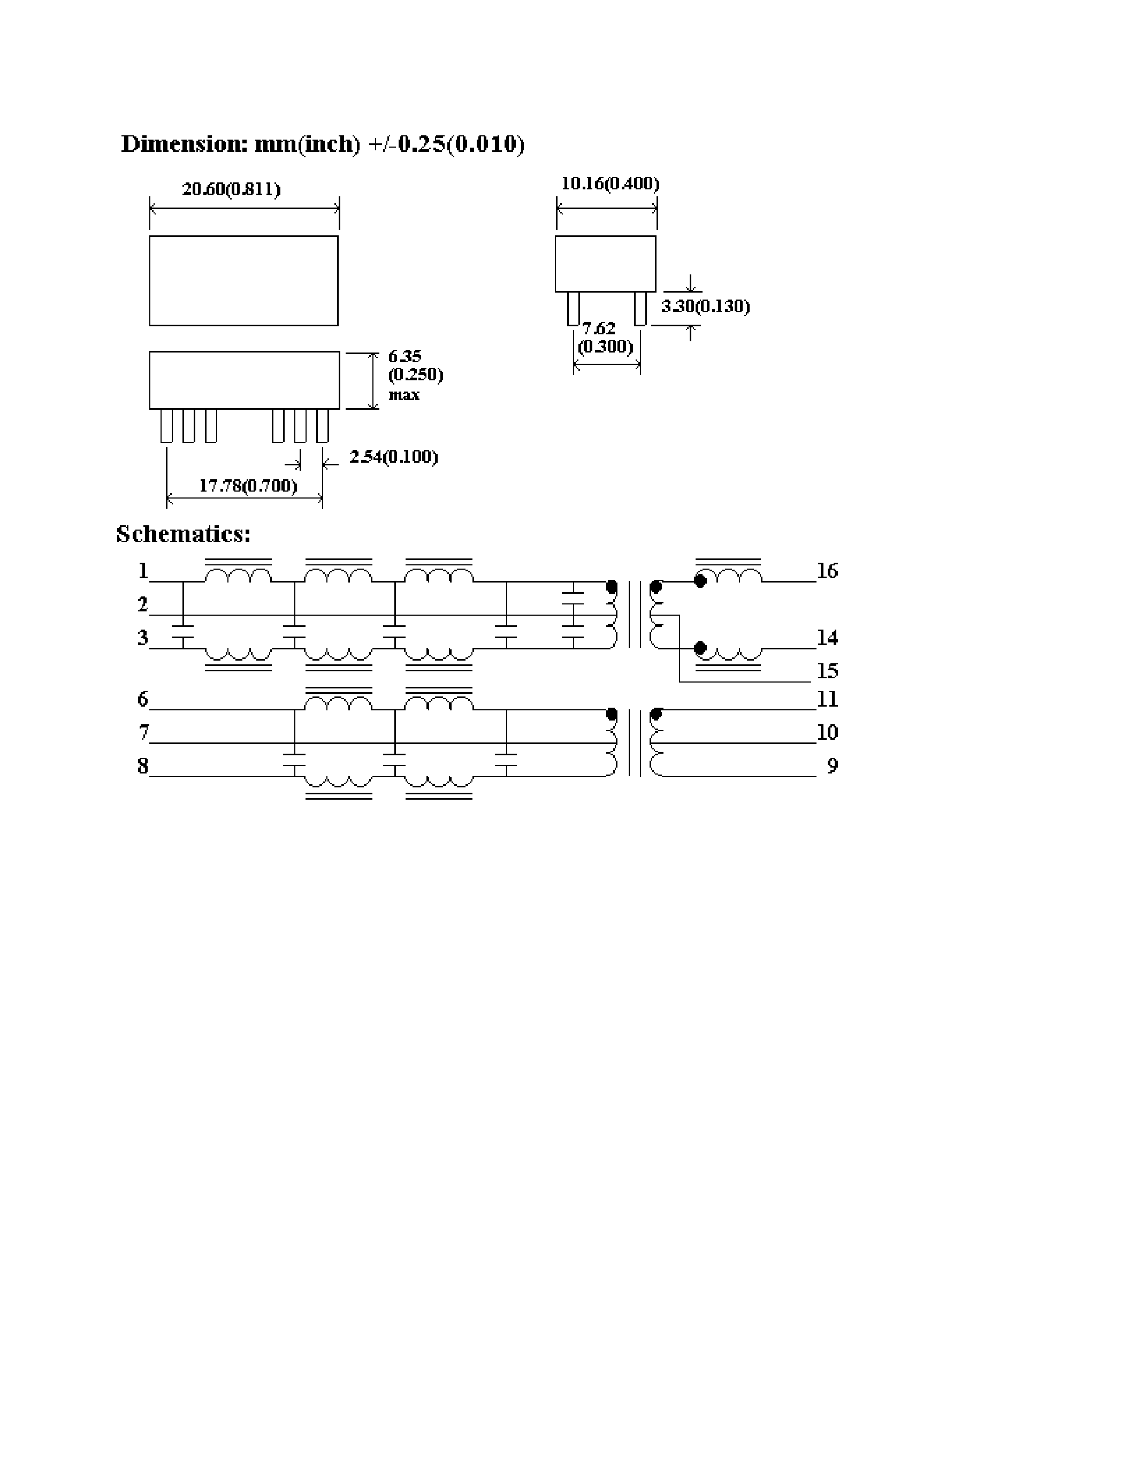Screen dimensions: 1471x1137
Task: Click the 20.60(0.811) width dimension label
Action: pos(231,189)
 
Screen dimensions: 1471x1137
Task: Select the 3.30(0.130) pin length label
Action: pos(705,307)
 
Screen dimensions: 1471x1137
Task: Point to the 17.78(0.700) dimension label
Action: pos(248,486)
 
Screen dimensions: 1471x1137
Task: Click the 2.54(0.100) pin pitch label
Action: pos(393,457)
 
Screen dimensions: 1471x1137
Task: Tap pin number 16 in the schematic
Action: pos(827,571)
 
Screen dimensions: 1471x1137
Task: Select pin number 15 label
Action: pos(827,671)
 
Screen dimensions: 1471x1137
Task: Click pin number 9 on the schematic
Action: pos(833,766)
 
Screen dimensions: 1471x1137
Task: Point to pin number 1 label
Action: pos(143,571)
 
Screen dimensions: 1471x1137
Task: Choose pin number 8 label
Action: pos(143,766)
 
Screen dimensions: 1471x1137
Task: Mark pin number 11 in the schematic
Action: pos(827,699)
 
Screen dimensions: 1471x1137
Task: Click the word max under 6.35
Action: pos(404,395)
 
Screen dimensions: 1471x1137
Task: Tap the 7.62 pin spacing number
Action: pos(599,328)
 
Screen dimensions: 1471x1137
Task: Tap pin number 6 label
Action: pos(143,699)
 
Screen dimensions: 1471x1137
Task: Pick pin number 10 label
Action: pos(827,732)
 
